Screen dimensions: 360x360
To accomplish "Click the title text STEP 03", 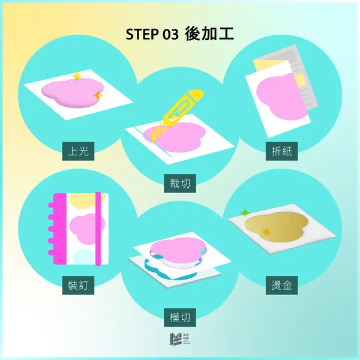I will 152,34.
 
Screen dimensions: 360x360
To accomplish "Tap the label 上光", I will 79,152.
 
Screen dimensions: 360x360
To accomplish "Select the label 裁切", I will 180,184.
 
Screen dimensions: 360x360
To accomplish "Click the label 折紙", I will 281,152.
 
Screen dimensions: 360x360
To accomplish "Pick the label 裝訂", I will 79,285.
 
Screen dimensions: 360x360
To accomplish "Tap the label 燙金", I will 281,285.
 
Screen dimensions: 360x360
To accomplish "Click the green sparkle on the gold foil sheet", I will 245,212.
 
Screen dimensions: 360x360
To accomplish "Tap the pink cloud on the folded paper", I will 277,95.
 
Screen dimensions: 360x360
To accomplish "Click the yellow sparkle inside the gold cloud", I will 266,232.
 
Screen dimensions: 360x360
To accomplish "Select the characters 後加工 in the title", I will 209,34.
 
